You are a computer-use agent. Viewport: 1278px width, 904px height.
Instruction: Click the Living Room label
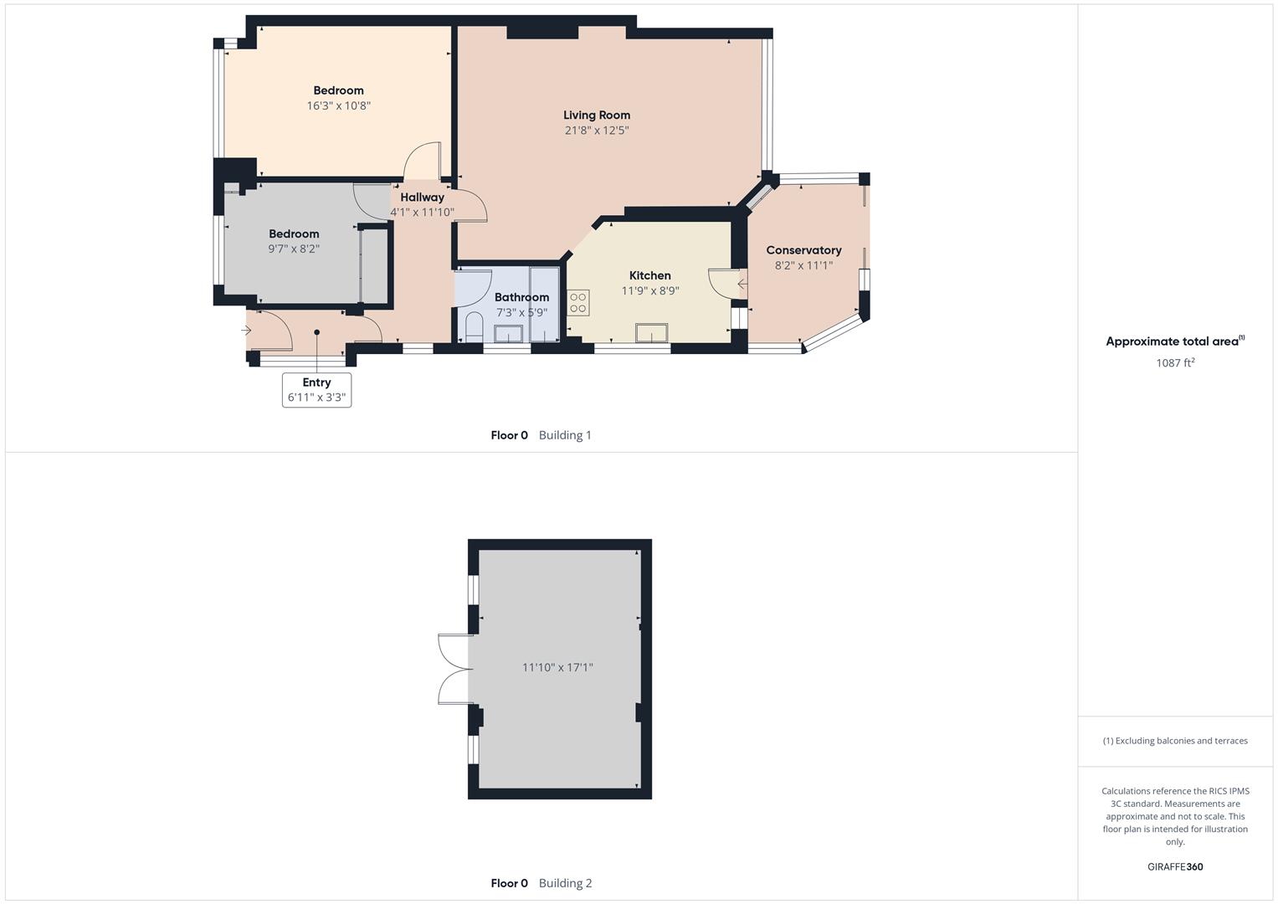[x=596, y=116]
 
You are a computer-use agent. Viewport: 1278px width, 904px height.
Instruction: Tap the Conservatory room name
[x=803, y=250]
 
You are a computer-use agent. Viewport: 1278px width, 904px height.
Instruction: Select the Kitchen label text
[x=649, y=275]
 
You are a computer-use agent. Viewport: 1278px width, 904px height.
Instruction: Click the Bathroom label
[x=521, y=297]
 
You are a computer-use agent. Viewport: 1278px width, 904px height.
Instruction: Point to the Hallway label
[x=422, y=198]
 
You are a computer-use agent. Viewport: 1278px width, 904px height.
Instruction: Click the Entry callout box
[x=316, y=390]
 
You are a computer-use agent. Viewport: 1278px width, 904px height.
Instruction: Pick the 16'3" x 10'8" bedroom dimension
[x=338, y=106]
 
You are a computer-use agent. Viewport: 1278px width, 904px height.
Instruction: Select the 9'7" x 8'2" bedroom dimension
[x=294, y=249]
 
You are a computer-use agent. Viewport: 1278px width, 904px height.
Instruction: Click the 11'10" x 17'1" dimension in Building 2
[x=557, y=667]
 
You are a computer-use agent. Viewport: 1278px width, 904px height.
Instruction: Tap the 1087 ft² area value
[x=1175, y=362]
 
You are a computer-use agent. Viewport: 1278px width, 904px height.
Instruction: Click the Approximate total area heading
[x=1174, y=342]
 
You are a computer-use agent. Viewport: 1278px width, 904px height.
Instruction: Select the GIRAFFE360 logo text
[x=1175, y=867]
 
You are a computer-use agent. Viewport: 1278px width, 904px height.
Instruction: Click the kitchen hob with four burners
[x=578, y=303]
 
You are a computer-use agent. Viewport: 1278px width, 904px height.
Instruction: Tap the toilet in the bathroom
[x=474, y=326]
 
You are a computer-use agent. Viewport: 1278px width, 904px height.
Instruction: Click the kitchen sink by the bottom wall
[x=651, y=333]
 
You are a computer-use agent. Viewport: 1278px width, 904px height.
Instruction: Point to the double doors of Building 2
[x=454, y=669]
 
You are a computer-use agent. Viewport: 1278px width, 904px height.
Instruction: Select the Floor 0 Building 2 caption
[x=541, y=883]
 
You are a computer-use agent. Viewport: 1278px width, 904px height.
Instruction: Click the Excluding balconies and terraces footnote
[x=1175, y=741]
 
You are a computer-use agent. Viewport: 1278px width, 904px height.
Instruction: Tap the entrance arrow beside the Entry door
[x=246, y=331]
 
